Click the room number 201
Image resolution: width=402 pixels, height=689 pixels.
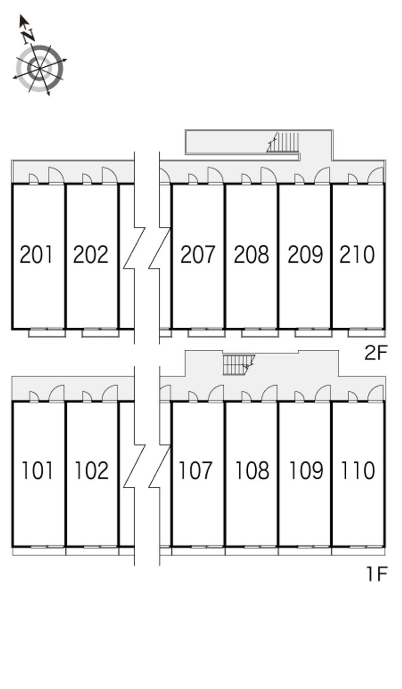[x=36, y=254]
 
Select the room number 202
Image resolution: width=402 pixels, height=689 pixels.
[x=90, y=254]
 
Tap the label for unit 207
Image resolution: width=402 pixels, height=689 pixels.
[x=197, y=254]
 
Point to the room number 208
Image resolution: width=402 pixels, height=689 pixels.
[x=251, y=254]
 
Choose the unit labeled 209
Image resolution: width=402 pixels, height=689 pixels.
[x=306, y=254]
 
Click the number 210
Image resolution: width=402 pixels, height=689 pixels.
[x=357, y=254]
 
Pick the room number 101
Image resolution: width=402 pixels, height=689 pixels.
[x=37, y=471]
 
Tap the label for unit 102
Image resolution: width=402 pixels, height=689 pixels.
[x=91, y=471]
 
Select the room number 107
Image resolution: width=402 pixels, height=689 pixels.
[x=195, y=471]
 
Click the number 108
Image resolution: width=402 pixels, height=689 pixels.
[x=252, y=471]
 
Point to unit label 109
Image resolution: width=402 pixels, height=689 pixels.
[x=306, y=471]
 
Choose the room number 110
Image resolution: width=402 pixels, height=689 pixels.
[x=358, y=471]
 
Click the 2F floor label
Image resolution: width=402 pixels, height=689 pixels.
[x=375, y=353]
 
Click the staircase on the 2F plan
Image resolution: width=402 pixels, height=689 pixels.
[x=283, y=142]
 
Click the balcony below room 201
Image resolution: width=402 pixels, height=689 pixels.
[x=47, y=333]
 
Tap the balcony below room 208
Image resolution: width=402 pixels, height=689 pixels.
[x=260, y=333]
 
